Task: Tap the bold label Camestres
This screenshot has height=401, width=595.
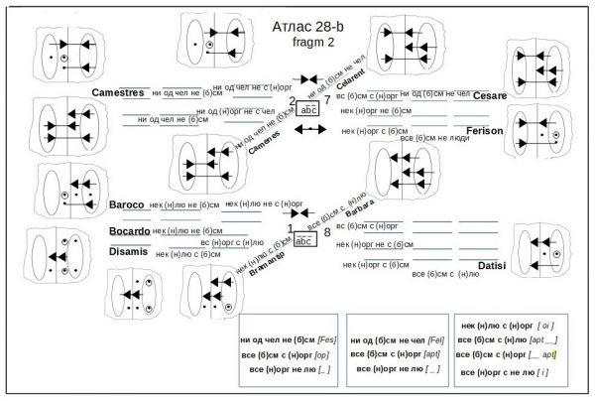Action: point(118,92)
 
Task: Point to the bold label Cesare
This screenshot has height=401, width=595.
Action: point(490,96)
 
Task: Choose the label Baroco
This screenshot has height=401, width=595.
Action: point(127,205)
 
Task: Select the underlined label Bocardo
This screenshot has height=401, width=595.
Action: point(129,230)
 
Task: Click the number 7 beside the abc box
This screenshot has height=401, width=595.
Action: point(326,100)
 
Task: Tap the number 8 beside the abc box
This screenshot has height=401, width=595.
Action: point(326,232)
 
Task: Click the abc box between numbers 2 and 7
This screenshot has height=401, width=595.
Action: point(308,109)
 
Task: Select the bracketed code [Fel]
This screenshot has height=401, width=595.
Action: point(432,338)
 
